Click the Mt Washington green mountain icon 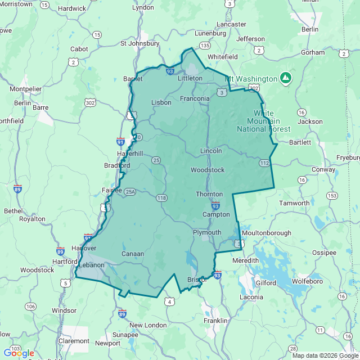coord(286,77)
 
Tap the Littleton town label coord(190,78)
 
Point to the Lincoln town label coord(211,151)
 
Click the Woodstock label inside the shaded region coord(208,169)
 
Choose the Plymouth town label coord(207,232)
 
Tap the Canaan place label coord(133,254)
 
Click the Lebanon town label coord(92,264)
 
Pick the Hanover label coord(84,248)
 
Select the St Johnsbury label coord(140,43)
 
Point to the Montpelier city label coord(26,89)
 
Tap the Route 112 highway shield coord(265,163)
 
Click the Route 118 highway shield coord(162,197)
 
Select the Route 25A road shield coord(130,191)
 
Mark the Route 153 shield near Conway coord(332,195)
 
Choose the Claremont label coord(74,341)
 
